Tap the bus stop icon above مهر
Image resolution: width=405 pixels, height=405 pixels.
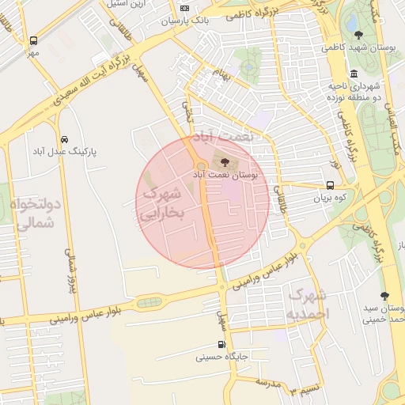pyautogui.click(x=32, y=40)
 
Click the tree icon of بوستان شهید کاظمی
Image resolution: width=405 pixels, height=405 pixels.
pyautogui.click(x=359, y=35)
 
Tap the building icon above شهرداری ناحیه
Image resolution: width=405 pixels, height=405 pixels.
pyautogui.click(x=353, y=73)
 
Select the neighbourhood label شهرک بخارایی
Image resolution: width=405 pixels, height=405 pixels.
pyautogui.click(x=161, y=202)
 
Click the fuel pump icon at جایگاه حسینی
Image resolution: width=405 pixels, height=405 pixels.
pyautogui.click(x=221, y=344)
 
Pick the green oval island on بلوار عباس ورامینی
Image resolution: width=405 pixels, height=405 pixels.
pyautogui.click(x=148, y=302)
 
